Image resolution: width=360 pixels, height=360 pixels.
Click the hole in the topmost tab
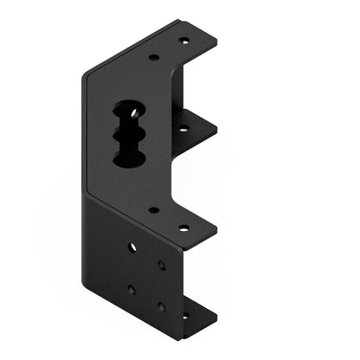click(x=183, y=41)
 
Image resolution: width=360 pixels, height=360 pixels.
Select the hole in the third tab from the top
click(x=183, y=228)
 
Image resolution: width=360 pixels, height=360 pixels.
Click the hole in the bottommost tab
click(x=183, y=316)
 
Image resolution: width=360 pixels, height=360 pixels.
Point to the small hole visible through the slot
click(x=132, y=111)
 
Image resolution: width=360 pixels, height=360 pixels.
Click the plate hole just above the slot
click(x=153, y=58)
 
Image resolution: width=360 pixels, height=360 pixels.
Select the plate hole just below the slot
click(x=153, y=209)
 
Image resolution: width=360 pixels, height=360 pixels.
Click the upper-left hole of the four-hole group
click(x=132, y=247)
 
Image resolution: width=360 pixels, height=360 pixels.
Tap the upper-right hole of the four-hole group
click(x=162, y=265)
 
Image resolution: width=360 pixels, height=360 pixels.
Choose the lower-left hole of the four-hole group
click(x=132, y=290)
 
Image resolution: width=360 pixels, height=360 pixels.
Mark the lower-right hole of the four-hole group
click(x=161, y=306)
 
